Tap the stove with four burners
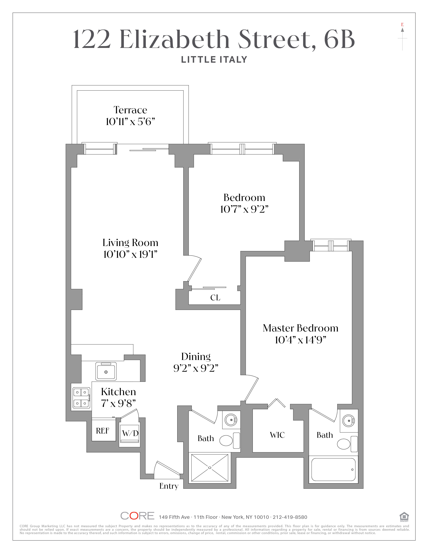click(81, 398)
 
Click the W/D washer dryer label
click(130, 433)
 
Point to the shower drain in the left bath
click(210, 468)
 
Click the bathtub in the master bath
click(333, 469)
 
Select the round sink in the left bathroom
click(231, 420)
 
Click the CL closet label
click(215, 297)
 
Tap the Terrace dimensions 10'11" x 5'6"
click(130, 122)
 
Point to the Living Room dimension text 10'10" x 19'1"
click(130, 254)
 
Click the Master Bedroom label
click(300, 328)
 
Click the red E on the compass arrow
click(402, 25)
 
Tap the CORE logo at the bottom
click(137, 516)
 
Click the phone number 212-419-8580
click(290, 517)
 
